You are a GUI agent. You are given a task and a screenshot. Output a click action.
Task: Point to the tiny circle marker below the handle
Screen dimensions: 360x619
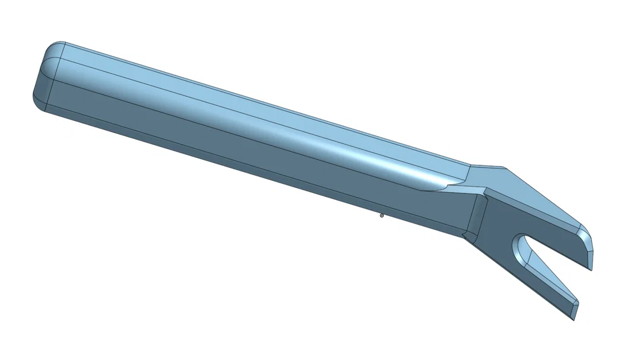pos(381,215)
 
